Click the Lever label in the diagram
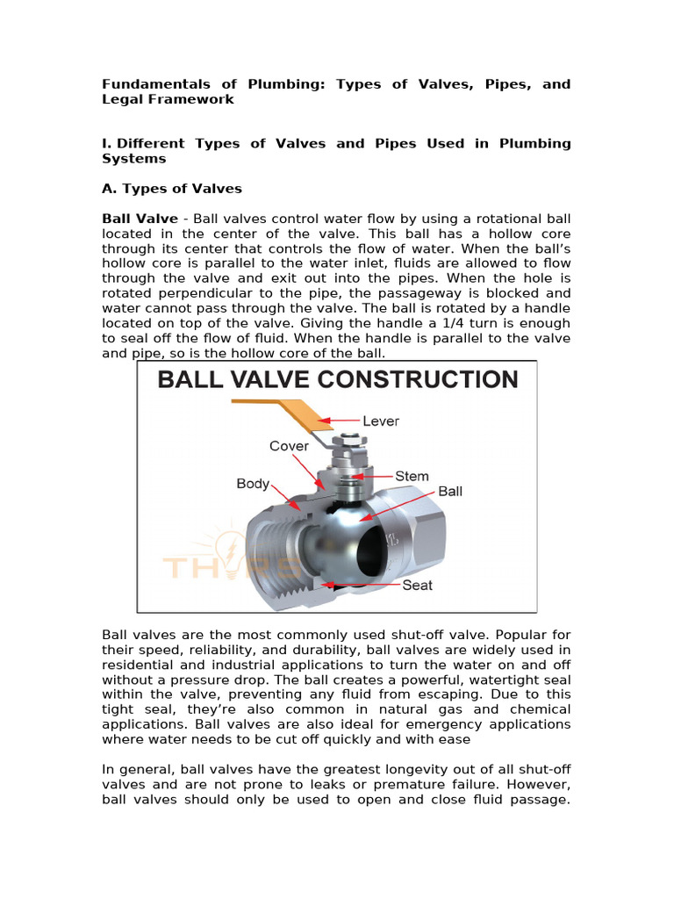pos(380,421)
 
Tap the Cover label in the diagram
pos(289,446)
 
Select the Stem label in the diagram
pos(412,476)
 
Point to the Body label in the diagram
pos(253,484)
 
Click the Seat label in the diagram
pos(417,585)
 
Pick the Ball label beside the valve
pos(450,492)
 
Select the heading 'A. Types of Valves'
pos(172,189)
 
